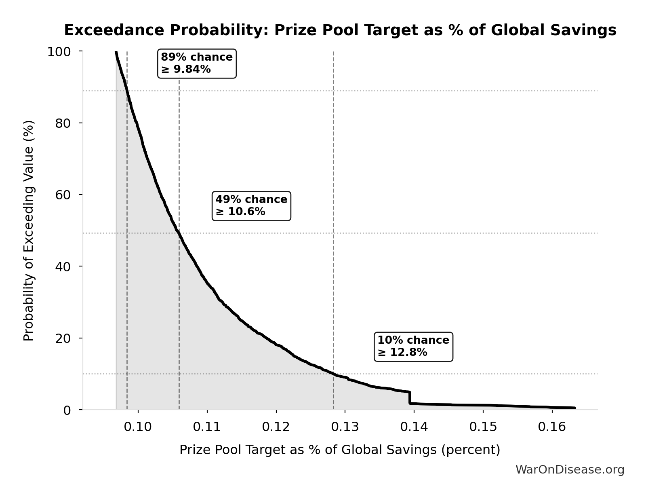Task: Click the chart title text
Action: point(340,30)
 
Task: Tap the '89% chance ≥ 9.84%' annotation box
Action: point(197,63)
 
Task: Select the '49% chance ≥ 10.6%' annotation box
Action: point(251,206)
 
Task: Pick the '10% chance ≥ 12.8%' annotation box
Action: point(413,347)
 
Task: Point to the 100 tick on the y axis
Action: point(59,52)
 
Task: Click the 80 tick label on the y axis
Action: point(63,123)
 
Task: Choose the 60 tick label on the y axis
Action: point(63,195)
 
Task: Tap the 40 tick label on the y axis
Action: point(63,266)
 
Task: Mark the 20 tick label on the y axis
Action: point(63,338)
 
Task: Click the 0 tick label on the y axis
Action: point(67,410)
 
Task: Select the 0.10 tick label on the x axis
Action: point(138,427)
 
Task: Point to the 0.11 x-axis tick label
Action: point(207,427)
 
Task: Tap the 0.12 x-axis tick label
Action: point(276,427)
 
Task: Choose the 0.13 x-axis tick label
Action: point(345,427)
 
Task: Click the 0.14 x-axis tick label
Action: point(414,427)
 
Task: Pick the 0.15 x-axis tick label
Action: point(483,427)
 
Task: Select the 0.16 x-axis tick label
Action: point(552,427)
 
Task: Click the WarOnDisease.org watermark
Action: point(570,470)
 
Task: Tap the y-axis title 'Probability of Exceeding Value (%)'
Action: point(29,230)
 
